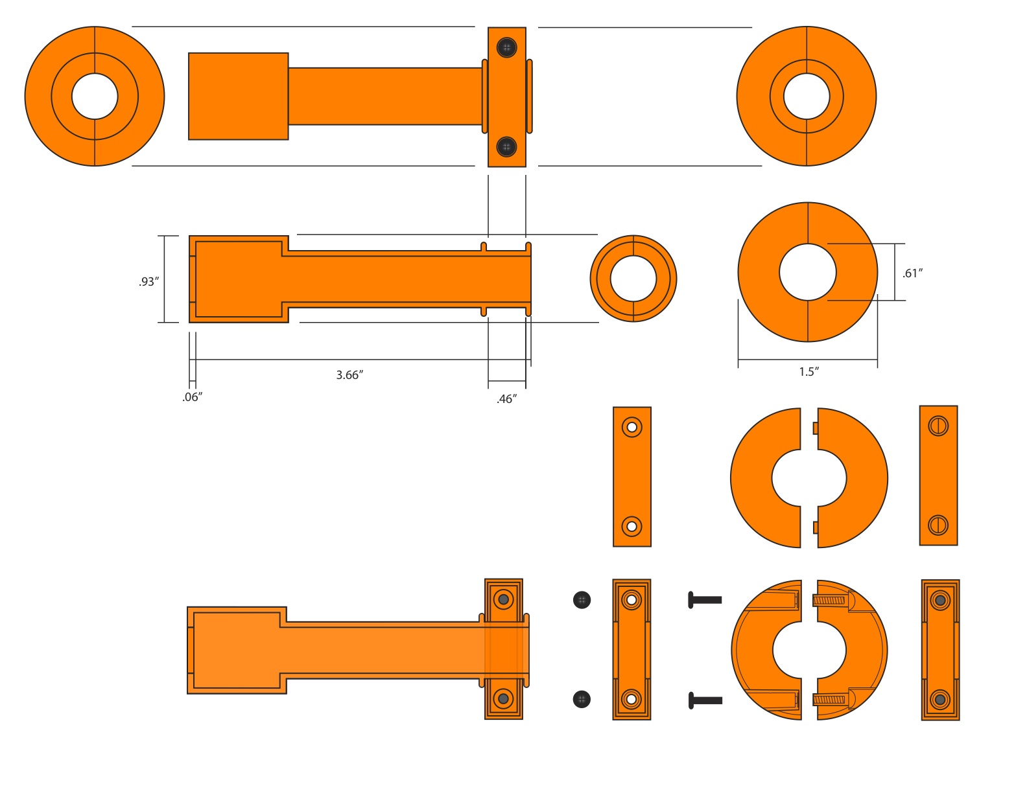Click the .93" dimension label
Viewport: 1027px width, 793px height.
(148, 282)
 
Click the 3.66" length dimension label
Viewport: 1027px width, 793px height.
(349, 375)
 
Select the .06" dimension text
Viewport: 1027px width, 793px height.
(192, 397)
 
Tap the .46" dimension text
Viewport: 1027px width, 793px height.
(506, 399)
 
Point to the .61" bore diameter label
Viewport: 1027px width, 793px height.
(912, 273)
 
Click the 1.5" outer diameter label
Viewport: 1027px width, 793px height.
(809, 372)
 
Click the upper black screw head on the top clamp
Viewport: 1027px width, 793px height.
(506, 47)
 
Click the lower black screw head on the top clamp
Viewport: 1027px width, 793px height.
(506, 146)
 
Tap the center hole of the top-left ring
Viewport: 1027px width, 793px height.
(95, 97)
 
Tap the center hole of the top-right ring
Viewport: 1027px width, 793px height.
(807, 97)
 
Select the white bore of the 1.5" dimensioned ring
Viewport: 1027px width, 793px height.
(808, 272)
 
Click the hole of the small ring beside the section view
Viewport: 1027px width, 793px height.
(633, 279)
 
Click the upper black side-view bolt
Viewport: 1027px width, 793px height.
(705, 600)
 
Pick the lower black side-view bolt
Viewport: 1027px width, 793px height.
(705, 700)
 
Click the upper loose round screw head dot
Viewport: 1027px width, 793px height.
(582, 600)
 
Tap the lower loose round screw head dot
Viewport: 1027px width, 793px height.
(582, 699)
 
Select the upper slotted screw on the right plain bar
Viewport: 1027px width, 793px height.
(938, 426)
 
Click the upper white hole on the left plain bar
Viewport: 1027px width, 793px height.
(632, 428)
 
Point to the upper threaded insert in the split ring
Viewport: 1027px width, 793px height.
(829, 601)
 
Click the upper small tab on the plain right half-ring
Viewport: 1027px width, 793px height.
(815, 428)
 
